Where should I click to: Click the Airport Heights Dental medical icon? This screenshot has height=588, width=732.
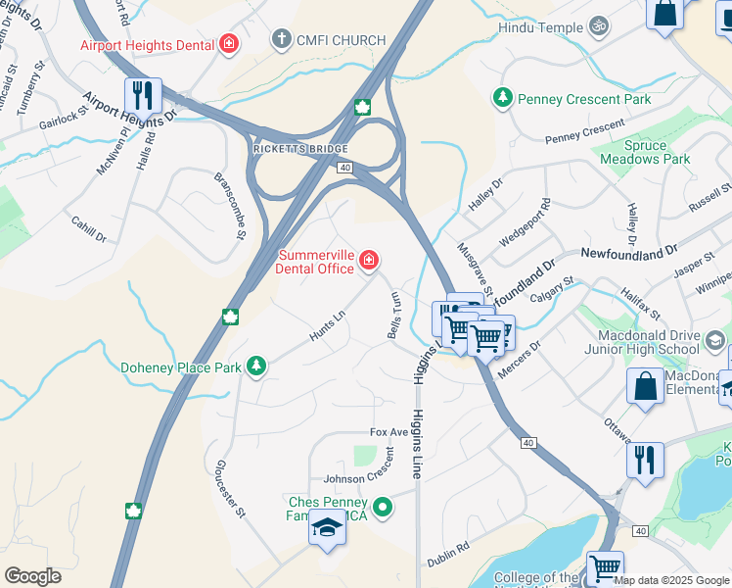[x=230, y=43]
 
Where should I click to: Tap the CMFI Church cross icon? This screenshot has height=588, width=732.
[x=281, y=40]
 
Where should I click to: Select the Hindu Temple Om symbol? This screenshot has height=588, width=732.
[x=600, y=28]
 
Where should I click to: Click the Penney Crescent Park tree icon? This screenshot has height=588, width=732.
[x=502, y=99]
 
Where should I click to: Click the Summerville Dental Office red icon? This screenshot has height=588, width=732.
[x=369, y=260]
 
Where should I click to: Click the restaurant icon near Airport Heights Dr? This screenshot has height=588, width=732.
[x=143, y=96]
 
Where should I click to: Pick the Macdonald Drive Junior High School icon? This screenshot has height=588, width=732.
[x=715, y=340]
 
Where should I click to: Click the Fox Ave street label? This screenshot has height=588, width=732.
[x=389, y=432]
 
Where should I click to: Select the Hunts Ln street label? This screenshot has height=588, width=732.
[x=328, y=326]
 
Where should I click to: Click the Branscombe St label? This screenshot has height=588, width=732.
[x=231, y=206]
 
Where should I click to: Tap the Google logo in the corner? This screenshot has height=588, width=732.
[x=33, y=576]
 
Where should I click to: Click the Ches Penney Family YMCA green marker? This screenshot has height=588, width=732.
[x=384, y=507]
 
